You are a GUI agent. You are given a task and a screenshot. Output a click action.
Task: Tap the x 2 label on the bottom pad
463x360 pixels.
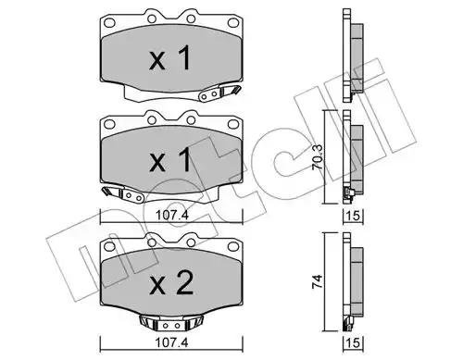click(x=171, y=283)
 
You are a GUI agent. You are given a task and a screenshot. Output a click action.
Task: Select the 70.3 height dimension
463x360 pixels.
click(x=318, y=156)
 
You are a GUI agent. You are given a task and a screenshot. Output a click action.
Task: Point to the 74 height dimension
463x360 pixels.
click(x=318, y=281)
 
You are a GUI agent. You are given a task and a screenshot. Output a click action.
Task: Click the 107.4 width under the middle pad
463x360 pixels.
click(x=171, y=215)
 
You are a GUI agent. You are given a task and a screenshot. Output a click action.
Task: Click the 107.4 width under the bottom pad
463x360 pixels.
click(x=171, y=342)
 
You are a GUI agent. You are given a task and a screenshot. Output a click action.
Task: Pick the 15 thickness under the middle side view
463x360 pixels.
click(x=353, y=216)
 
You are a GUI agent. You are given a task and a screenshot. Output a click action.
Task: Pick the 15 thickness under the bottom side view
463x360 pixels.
click(x=353, y=343)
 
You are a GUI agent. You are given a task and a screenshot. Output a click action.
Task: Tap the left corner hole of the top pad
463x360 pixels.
click(x=109, y=22)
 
